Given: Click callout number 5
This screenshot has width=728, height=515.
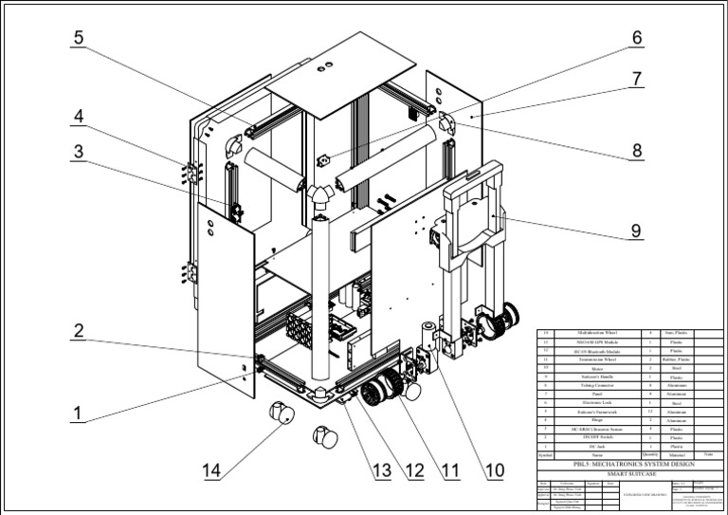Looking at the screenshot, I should (79, 38).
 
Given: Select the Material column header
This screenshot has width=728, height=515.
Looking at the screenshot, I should (678, 454).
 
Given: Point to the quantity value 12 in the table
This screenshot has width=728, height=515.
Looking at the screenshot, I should (650, 412).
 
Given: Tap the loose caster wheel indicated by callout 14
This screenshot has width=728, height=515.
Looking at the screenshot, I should (281, 414).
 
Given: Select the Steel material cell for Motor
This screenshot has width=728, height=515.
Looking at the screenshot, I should (678, 369).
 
